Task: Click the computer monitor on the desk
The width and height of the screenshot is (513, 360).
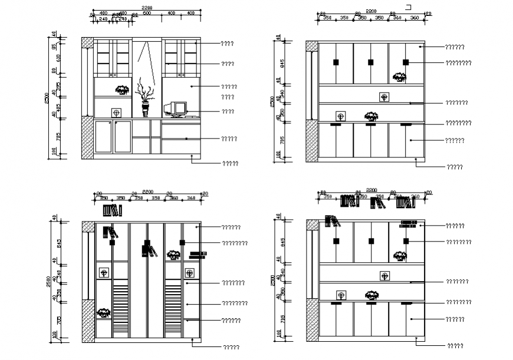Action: [176, 108]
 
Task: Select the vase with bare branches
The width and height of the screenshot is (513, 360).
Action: [145, 100]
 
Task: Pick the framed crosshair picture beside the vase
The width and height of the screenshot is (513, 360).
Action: [116, 112]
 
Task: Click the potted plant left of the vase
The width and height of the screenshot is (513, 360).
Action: [123, 90]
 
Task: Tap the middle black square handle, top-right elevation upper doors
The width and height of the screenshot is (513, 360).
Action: [370, 62]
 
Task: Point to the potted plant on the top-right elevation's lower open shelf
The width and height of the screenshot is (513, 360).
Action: [370, 116]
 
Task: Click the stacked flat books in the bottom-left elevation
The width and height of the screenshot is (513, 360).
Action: [198, 255]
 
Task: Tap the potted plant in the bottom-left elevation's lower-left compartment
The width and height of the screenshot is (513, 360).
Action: [104, 312]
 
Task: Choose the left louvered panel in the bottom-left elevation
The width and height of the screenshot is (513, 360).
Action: [120, 312]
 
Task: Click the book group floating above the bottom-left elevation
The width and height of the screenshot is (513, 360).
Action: [112, 210]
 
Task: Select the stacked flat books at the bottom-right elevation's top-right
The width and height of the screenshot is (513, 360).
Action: [408, 223]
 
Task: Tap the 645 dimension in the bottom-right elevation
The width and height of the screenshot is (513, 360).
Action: [282, 242]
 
